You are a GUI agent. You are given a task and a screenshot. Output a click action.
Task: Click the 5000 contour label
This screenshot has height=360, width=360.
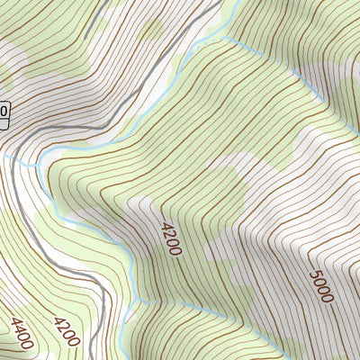(x=320, y=286)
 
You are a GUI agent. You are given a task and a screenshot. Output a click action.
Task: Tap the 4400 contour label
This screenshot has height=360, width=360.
(x=22, y=332)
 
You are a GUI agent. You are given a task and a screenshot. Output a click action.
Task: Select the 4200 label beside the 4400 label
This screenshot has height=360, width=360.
(x=65, y=330)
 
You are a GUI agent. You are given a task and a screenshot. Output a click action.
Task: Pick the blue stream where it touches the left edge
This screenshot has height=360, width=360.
(x=2, y=155)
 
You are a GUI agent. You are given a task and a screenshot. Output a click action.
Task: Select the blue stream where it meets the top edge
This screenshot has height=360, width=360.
(x=236, y=2)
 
